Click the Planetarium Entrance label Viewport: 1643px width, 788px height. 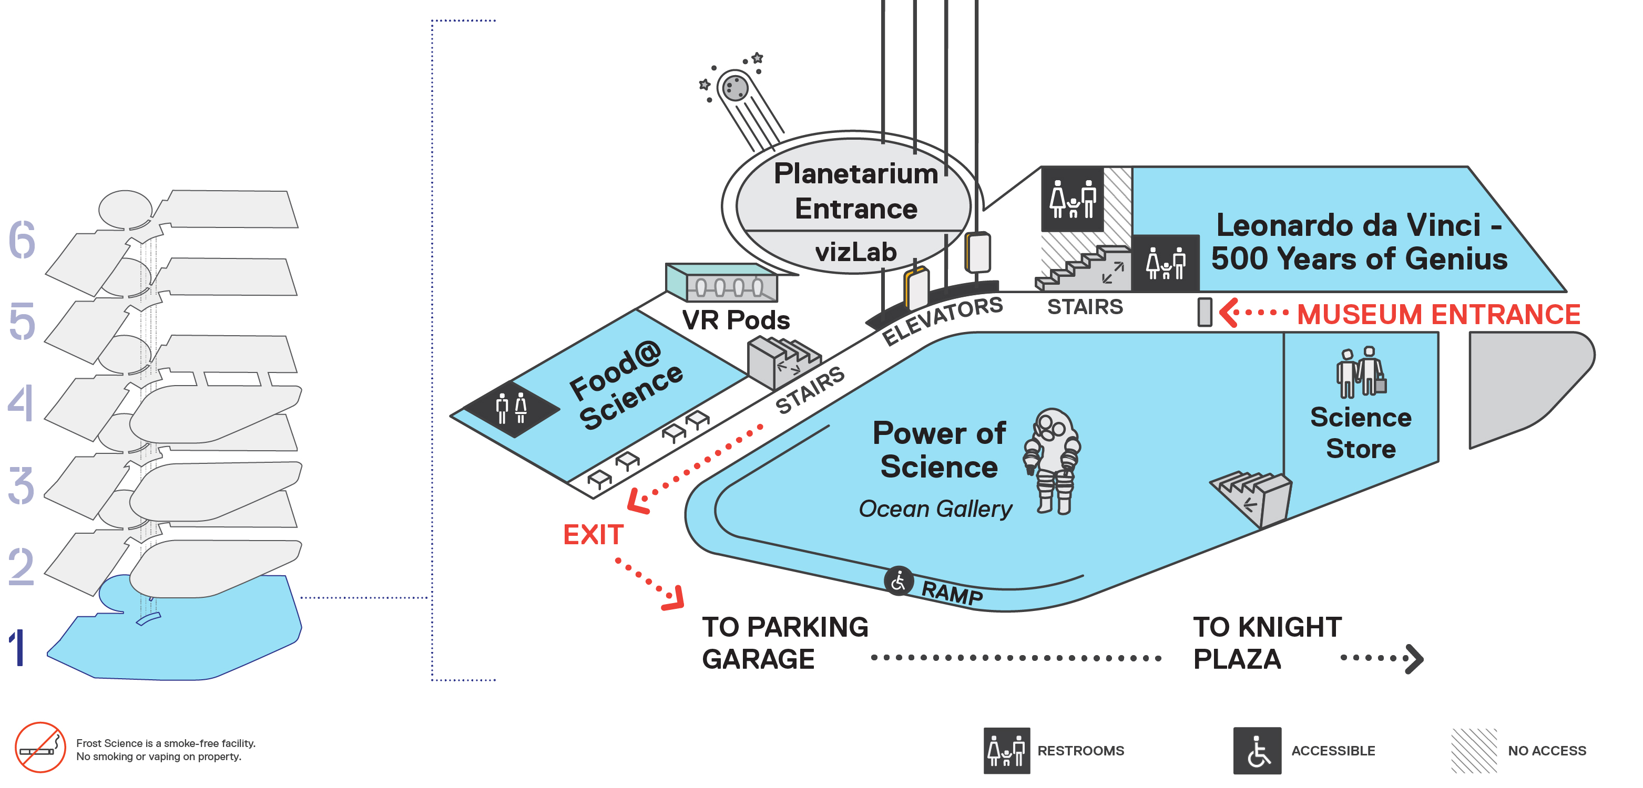855,191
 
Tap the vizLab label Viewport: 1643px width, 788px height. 855,252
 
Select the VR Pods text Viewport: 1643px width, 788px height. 736,320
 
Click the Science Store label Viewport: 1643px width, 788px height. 1361,433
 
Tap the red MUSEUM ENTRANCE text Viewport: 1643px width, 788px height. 1438,314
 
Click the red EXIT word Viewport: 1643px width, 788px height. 593,534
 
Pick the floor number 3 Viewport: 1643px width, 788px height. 22,486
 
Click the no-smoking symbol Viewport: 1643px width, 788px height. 40,746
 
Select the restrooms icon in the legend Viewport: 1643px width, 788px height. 1006,750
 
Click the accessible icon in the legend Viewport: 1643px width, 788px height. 1257,750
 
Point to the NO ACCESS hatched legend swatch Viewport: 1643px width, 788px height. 1473,750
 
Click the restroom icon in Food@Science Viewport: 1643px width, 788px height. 512,408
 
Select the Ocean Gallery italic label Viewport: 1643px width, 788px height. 934,509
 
